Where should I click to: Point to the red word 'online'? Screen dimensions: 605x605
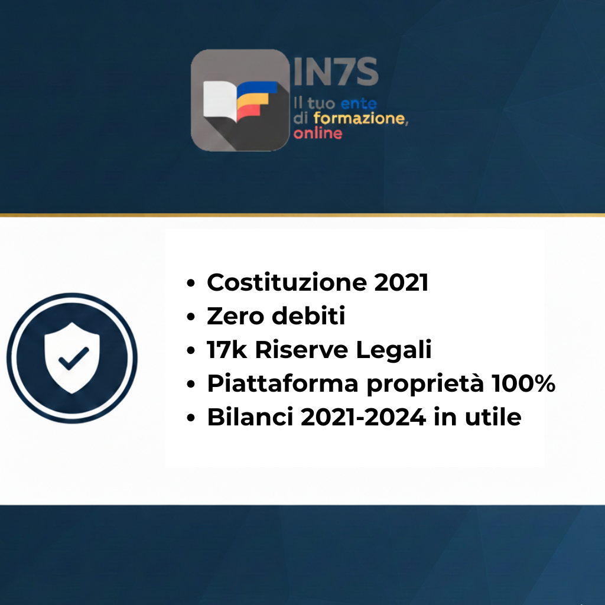(x=318, y=133)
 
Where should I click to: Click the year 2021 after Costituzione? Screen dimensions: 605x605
(x=401, y=283)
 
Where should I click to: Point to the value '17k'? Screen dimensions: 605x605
(x=227, y=350)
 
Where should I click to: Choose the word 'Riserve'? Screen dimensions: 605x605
(x=301, y=350)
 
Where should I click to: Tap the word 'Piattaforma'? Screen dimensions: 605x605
(x=282, y=384)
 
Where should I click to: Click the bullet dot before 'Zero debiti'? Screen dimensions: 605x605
(x=191, y=318)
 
